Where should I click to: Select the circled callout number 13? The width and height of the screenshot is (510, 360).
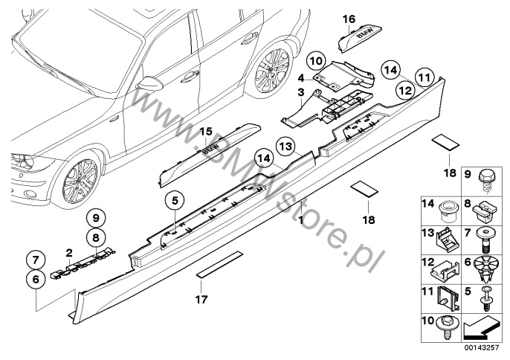(287, 147)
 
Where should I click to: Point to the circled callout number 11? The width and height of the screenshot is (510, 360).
(424, 75)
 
